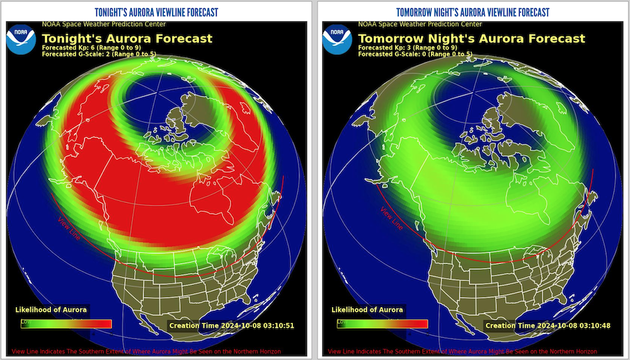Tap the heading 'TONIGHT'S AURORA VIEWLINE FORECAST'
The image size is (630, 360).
click(157, 12)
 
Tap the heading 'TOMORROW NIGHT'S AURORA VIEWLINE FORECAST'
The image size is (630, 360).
click(472, 12)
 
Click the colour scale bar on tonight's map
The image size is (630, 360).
click(66, 323)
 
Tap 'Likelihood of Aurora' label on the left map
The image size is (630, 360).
click(51, 310)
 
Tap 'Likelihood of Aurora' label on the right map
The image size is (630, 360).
click(367, 310)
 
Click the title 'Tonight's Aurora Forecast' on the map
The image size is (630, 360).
click(127, 38)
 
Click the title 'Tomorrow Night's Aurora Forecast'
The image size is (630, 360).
click(472, 38)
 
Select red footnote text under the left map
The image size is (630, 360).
click(146, 351)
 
